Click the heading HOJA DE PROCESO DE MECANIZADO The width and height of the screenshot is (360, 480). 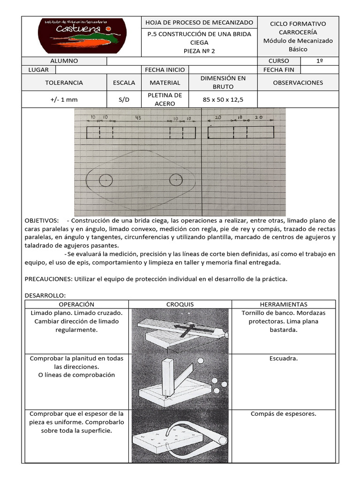pyautogui.click(x=199, y=22)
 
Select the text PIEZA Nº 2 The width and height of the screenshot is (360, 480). pyautogui.click(x=199, y=51)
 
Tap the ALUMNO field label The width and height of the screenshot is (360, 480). pyautogui.click(x=64, y=61)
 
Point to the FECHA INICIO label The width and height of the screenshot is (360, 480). pyautogui.click(x=165, y=70)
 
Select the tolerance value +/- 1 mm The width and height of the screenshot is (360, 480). pyautogui.click(x=64, y=99)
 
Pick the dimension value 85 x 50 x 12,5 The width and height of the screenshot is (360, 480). pyautogui.click(x=223, y=99)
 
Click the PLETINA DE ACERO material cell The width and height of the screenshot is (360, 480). pyautogui.click(x=165, y=99)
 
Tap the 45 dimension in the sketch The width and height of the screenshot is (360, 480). pyautogui.click(x=138, y=117)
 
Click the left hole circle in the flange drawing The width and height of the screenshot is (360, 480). pyautogui.click(x=105, y=180)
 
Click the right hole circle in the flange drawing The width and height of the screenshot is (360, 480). pyautogui.click(x=175, y=179)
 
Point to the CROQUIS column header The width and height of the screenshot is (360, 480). pyautogui.click(x=180, y=304)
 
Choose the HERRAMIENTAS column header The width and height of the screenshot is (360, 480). pyautogui.click(x=284, y=304)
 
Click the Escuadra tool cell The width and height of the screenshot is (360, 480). pyautogui.click(x=284, y=359)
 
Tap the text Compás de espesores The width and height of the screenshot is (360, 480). pyautogui.click(x=284, y=414)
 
